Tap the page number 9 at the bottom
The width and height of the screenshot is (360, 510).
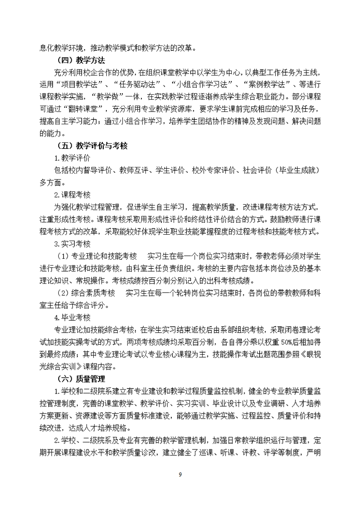(180, 475)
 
